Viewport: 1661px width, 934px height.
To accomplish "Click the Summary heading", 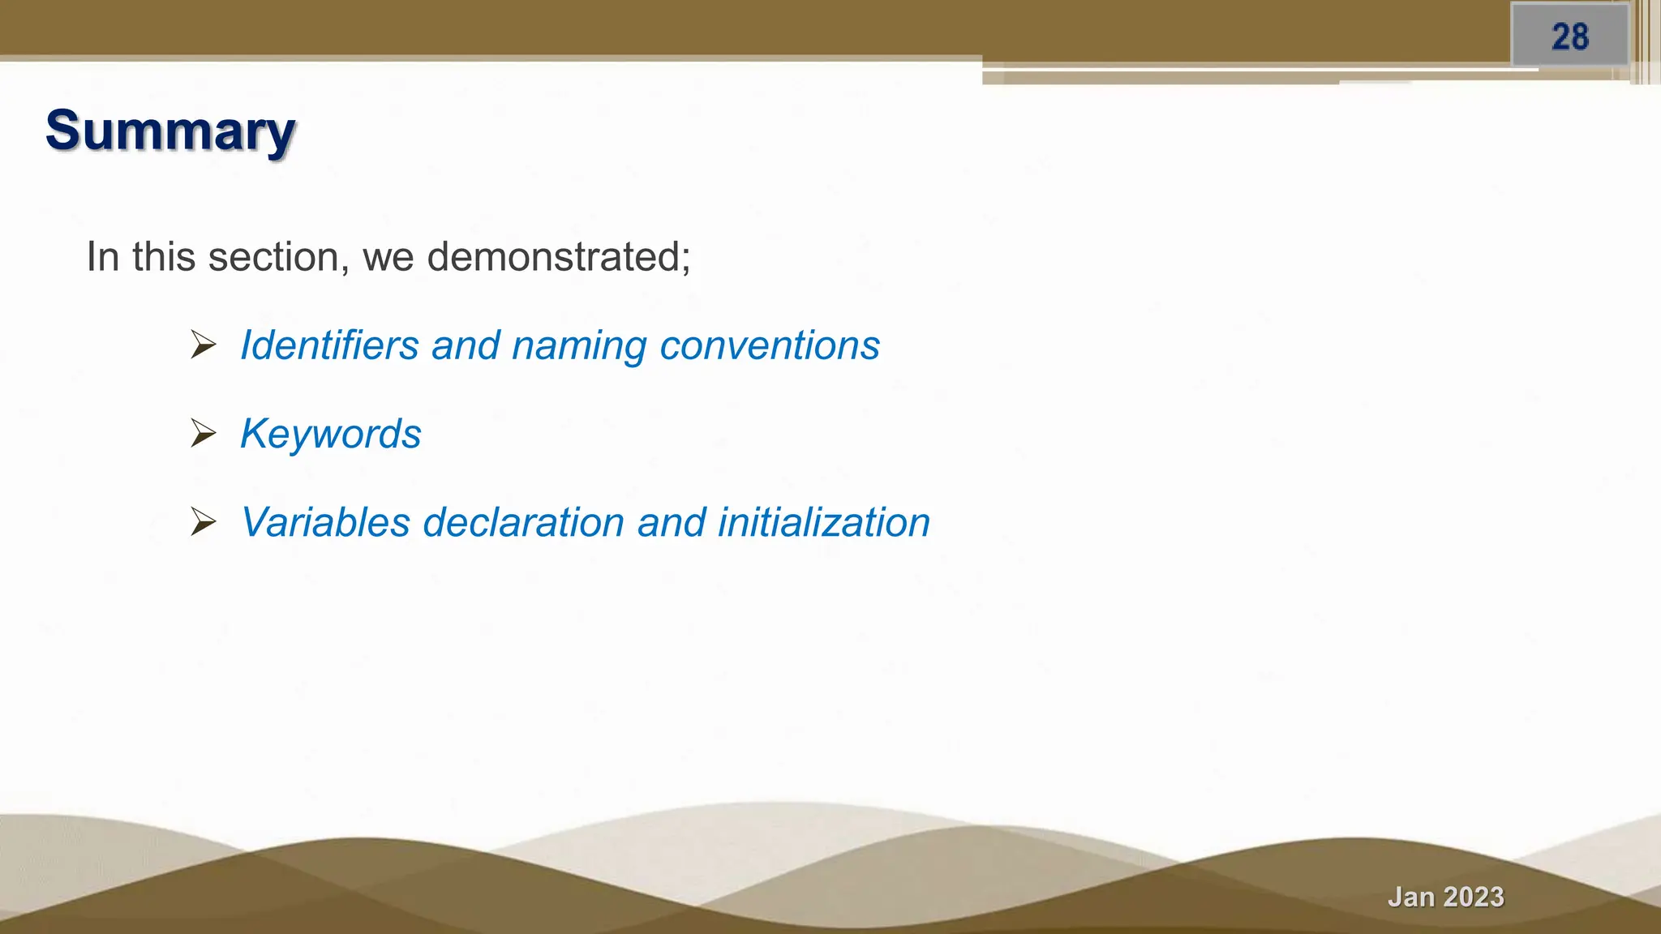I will pyautogui.click(x=170, y=131).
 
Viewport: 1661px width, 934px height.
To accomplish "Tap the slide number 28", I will pyautogui.click(x=1569, y=37).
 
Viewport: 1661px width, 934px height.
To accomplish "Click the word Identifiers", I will pyautogui.click(x=329, y=345).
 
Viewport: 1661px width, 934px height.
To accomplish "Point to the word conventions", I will pyautogui.click(x=770, y=345).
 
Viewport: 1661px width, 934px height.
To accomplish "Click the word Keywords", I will pyautogui.click(x=331, y=434).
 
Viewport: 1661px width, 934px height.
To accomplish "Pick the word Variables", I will pyautogui.click(x=326, y=522).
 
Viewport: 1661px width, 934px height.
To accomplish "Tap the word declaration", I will pyautogui.click(x=523, y=522).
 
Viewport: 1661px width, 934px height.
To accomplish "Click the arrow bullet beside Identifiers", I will pyautogui.click(x=203, y=345).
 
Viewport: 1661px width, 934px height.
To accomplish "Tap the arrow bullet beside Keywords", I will pyautogui.click(x=203, y=434).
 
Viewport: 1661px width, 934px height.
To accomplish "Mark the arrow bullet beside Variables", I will pyautogui.click(x=203, y=522).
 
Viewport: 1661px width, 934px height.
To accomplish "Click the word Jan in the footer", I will pyautogui.click(x=1411, y=897).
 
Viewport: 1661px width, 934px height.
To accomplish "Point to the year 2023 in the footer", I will pyautogui.click(x=1474, y=897).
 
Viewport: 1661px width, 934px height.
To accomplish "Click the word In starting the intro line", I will pyautogui.click(x=103, y=257).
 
